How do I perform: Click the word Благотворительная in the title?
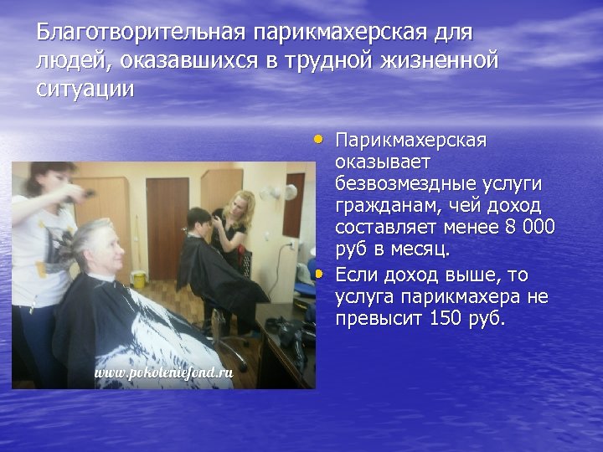[141, 33]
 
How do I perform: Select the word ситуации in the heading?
[85, 89]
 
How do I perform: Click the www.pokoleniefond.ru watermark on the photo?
[162, 372]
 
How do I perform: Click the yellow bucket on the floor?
[138, 279]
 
